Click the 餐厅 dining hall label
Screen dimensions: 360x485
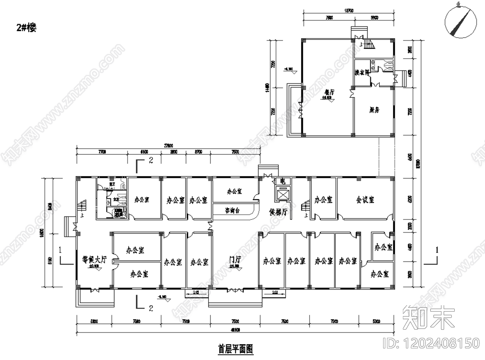[329, 92]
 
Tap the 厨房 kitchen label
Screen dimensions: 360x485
[374, 110]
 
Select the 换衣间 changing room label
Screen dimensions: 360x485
[362, 73]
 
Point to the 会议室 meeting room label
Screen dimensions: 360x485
[365, 200]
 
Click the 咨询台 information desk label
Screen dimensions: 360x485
[234, 210]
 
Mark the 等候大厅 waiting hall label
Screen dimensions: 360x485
[94, 259]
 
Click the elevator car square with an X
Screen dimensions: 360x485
[282, 195]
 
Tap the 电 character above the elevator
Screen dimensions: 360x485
[282, 182]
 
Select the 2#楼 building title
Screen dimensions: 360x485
[27, 28]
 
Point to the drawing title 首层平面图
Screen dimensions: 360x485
[236, 348]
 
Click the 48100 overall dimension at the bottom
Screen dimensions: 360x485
[235, 329]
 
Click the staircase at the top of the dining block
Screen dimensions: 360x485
[368, 43]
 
